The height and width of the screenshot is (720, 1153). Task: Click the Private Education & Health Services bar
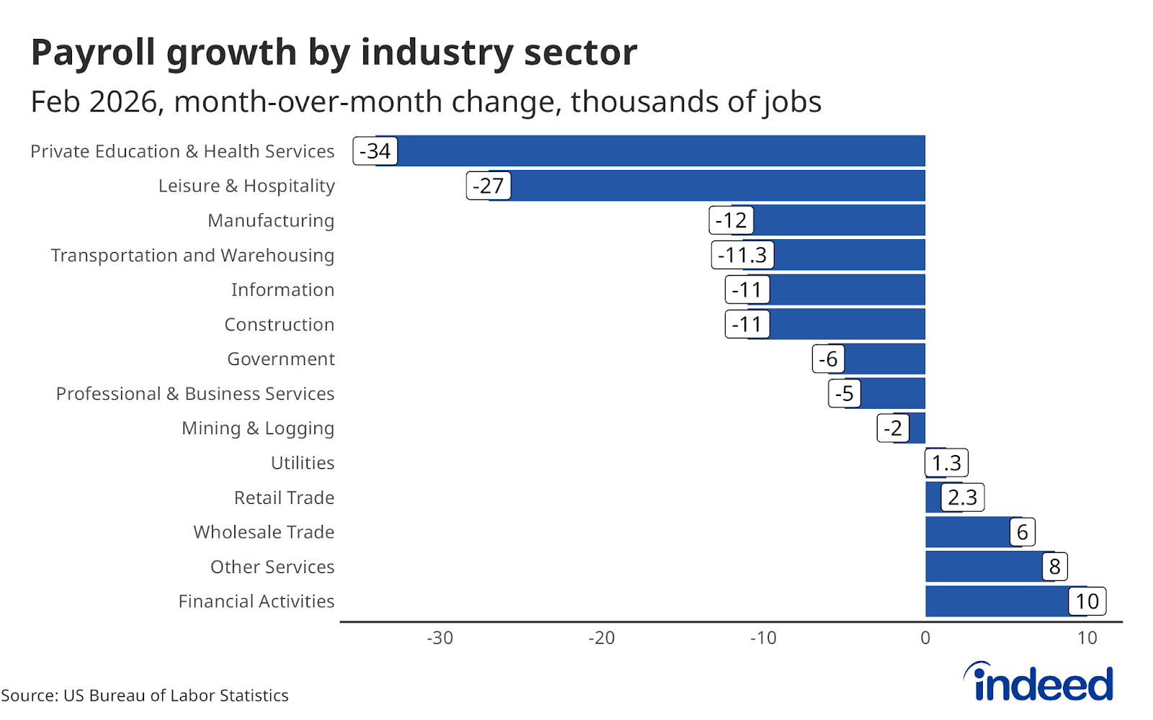coord(649,151)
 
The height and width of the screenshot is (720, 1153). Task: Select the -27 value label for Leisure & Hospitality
coord(489,186)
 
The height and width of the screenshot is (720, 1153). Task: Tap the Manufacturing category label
coord(271,220)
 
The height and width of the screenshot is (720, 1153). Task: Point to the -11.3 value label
coord(742,255)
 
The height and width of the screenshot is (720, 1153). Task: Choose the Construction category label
coord(280,325)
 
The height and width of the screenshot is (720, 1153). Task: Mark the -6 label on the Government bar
coord(828,359)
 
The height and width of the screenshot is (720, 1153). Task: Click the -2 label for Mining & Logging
coord(893,428)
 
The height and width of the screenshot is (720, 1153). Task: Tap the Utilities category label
coord(303,463)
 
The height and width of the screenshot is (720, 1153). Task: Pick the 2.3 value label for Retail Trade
coord(963,498)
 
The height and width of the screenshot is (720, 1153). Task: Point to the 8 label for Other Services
coord(1054,567)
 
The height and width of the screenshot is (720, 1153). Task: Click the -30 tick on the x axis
coord(440,638)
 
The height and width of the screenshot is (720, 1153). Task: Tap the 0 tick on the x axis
coord(925,638)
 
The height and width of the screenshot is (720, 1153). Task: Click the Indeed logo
coord(1039,682)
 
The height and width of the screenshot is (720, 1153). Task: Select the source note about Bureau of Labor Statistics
coord(145,696)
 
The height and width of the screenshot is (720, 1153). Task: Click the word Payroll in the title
coord(93,53)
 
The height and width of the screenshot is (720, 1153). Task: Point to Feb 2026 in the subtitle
coord(94,102)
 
